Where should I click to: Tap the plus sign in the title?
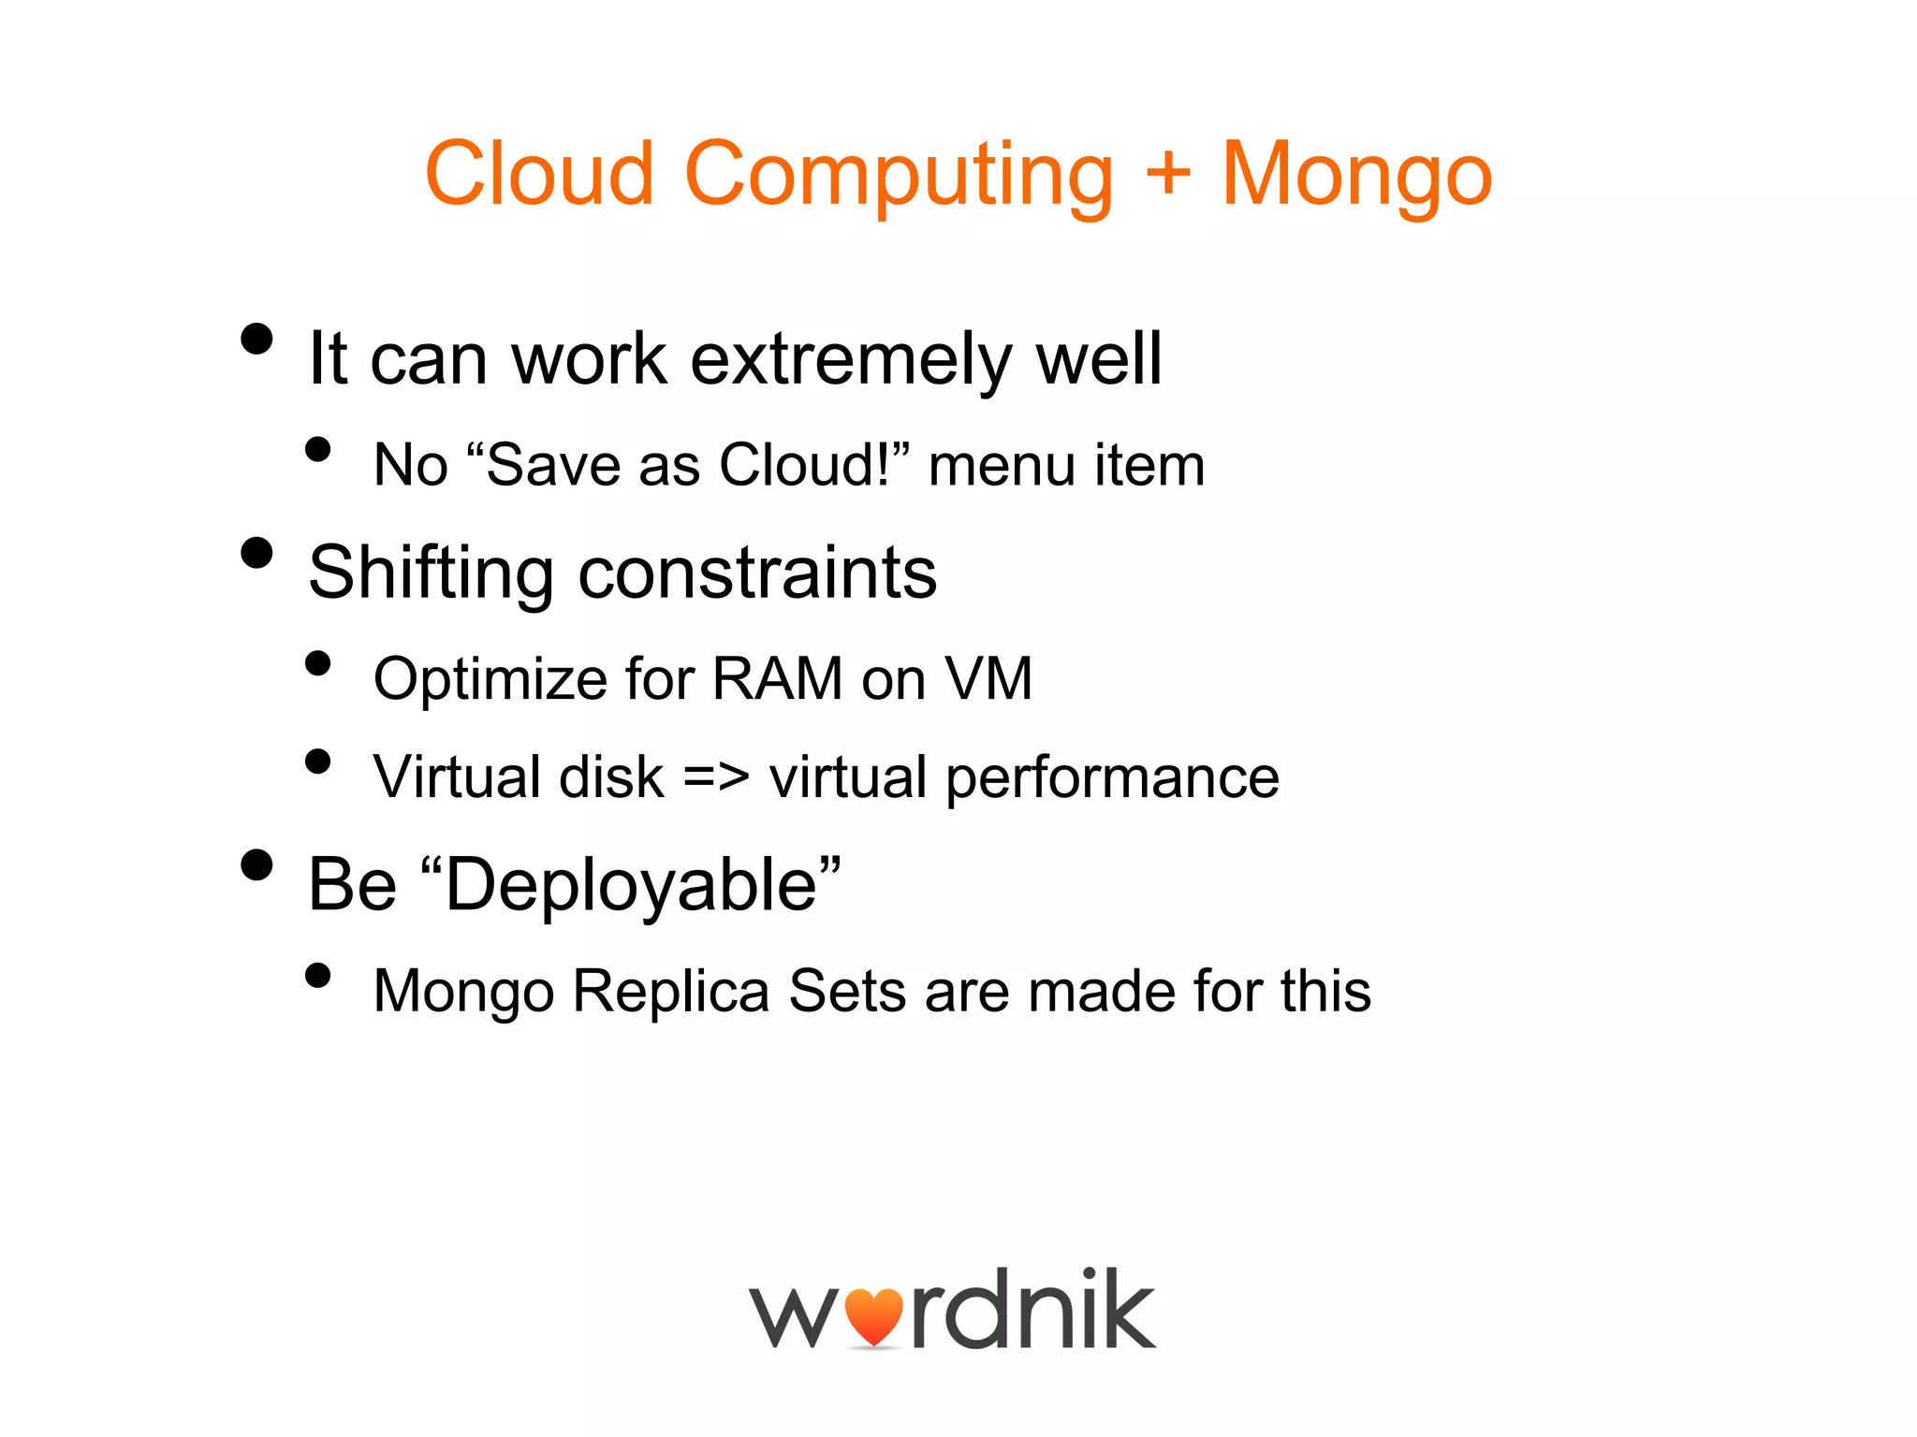coord(1167,173)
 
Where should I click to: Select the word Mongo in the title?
coord(1356,176)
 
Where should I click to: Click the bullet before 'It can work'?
coord(256,339)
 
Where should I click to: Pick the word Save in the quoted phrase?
coord(553,465)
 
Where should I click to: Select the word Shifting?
coord(431,573)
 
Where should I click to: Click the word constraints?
coord(757,573)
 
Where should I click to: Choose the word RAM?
coord(777,678)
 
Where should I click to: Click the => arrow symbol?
coord(716,777)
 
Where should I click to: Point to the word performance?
coord(1112,778)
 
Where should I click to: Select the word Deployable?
coord(631,886)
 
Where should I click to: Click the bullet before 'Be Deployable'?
coord(256,864)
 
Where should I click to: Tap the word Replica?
coord(670,992)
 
